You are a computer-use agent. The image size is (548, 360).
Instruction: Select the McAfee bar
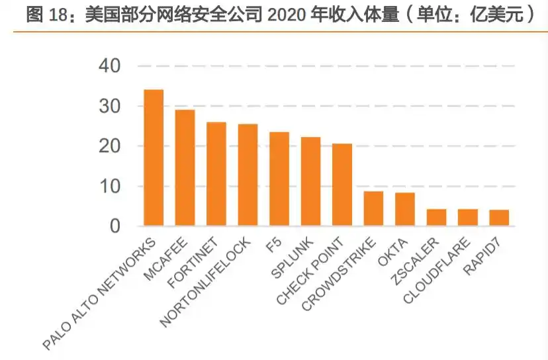tap(185, 168)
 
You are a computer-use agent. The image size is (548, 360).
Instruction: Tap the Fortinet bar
tap(216, 174)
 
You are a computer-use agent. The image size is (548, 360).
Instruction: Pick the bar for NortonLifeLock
tap(248, 175)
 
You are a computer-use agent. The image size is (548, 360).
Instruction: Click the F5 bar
tap(279, 179)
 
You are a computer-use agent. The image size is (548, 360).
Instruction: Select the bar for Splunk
tap(310, 181)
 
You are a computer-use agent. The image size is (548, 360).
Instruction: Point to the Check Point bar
tap(342, 185)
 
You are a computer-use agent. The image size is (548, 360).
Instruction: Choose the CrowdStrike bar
tap(373, 208)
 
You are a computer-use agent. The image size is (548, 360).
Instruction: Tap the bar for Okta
tap(405, 209)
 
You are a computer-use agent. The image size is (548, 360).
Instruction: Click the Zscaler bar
tap(436, 218)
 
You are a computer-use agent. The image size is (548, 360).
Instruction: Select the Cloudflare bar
tap(468, 218)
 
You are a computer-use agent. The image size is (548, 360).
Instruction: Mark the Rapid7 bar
tap(499, 218)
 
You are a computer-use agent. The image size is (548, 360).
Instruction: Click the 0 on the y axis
tap(115, 227)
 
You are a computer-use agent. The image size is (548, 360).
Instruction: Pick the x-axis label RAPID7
tap(486, 254)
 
